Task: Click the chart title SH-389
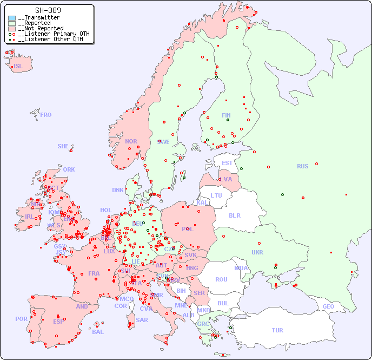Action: [x=48, y=10]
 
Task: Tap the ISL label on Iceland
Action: [x=18, y=67]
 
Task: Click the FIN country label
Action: [x=226, y=115]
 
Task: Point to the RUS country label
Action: [x=302, y=166]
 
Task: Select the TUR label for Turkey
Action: [x=277, y=330]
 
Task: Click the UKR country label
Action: [x=257, y=252]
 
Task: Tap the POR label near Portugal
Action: [x=21, y=319]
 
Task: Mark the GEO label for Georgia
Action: [x=328, y=306]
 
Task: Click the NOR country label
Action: [x=131, y=141]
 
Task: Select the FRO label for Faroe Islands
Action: [x=46, y=115]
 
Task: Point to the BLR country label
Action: [x=234, y=215]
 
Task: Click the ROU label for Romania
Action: [x=221, y=279]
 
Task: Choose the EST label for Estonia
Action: [x=227, y=163]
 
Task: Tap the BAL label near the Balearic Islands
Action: [x=97, y=332]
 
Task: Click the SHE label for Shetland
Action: [x=63, y=146]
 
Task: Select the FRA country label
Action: [x=94, y=273]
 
